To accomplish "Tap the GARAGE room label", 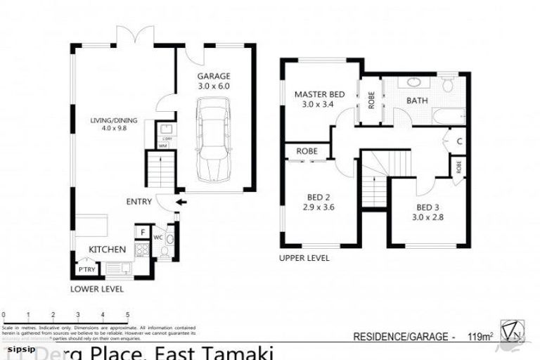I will point(213,76).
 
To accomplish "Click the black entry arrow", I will point(182,203).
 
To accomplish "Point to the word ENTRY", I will point(139,202).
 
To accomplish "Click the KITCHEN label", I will point(107,250).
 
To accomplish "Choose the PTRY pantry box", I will point(86,269).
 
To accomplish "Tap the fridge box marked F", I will point(141,232).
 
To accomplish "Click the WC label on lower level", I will point(157,237).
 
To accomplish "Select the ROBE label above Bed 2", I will point(307,151).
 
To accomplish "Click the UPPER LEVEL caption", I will point(304,258).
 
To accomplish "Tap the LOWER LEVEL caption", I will point(97,289).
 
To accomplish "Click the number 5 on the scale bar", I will point(127,314).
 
